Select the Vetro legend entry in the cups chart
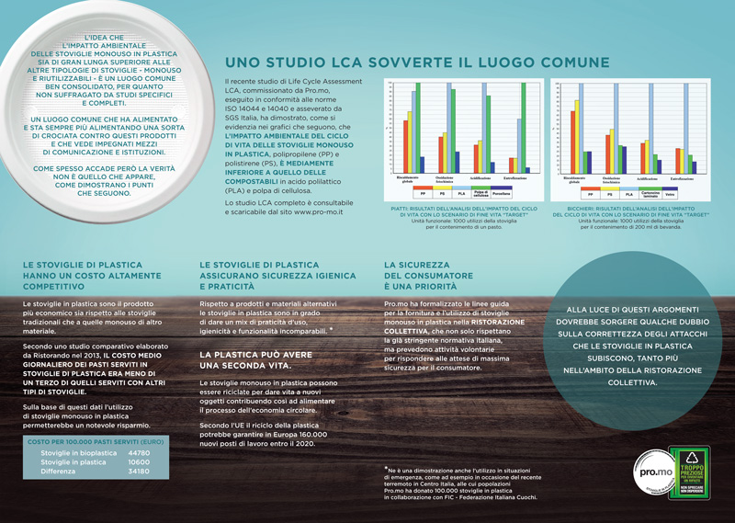[670, 194]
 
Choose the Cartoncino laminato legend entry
[650, 194]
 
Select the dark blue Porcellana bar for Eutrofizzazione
[531, 167]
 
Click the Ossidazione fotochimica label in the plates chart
[446, 179]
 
